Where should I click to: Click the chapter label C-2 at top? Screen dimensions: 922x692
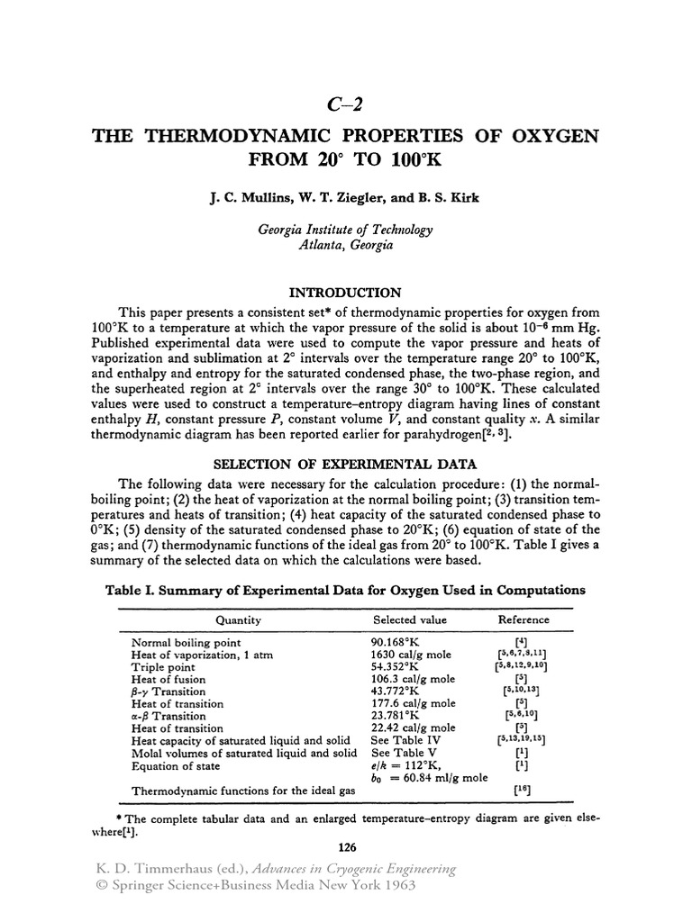(346, 102)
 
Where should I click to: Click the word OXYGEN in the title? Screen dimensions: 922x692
(545, 138)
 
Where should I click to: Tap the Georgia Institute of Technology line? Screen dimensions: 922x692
(346, 229)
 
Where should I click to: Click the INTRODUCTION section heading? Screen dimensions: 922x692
(345, 293)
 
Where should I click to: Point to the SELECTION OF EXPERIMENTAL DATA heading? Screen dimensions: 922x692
(345, 464)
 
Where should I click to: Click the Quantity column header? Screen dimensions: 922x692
(237, 619)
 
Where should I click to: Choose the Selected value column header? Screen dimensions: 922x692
(410, 619)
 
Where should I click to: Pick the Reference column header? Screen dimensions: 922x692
(524, 619)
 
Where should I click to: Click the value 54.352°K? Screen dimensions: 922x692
(396, 667)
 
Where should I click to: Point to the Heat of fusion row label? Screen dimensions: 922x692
(168, 680)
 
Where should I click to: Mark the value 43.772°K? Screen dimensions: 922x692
(396, 691)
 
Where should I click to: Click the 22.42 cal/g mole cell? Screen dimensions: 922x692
(414, 728)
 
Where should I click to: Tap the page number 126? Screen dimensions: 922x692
(347, 846)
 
